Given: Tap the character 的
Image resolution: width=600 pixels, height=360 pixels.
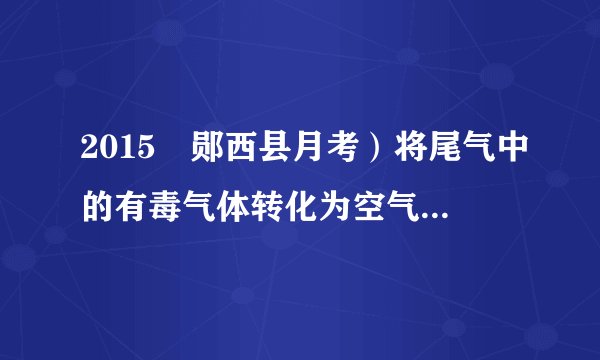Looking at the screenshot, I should (98, 205).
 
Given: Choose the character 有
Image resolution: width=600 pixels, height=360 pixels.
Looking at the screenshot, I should (137, 205).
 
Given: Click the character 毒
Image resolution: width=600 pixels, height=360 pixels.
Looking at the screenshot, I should (176, 205).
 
